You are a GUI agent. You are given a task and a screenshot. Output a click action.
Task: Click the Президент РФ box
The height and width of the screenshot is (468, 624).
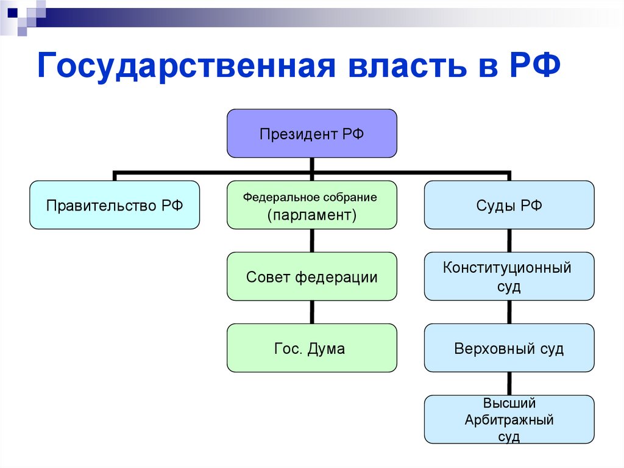point(312,134)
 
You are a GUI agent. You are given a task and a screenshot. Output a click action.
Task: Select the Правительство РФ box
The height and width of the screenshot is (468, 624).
point(115,205)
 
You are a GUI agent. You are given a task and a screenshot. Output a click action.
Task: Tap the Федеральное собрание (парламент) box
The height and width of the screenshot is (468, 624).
point(312,205)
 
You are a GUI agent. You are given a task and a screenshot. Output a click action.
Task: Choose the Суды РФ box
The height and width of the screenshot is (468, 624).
point(509,205)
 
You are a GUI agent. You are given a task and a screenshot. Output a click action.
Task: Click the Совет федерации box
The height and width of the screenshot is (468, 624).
point(312,277)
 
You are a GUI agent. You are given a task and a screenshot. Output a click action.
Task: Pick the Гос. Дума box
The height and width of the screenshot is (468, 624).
point(312,348)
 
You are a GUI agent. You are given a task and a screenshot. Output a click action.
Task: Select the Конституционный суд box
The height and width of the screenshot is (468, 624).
point(509,276)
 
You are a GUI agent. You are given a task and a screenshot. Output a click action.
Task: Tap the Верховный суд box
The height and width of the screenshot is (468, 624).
point(509,348)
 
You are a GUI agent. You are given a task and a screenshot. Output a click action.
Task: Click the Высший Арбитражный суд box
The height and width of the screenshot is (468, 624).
point(509,420)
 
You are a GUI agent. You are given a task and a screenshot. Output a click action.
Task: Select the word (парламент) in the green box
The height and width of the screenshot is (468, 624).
point(311,215)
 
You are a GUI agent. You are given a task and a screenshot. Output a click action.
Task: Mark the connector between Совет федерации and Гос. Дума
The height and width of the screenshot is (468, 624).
point(312,312)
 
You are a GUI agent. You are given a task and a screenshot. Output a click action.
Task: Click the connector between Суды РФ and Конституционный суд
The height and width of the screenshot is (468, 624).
point(509,241)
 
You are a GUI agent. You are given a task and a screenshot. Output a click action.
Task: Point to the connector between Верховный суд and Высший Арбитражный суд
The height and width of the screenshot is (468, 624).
point(509,384)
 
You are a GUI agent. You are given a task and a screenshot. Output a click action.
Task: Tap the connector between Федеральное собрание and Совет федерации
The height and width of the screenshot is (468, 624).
point(312,241)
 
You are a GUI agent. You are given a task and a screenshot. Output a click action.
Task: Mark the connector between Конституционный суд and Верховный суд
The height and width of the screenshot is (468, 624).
point(509,312)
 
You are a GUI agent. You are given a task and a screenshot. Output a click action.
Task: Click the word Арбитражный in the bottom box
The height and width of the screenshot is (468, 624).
point(509,420)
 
